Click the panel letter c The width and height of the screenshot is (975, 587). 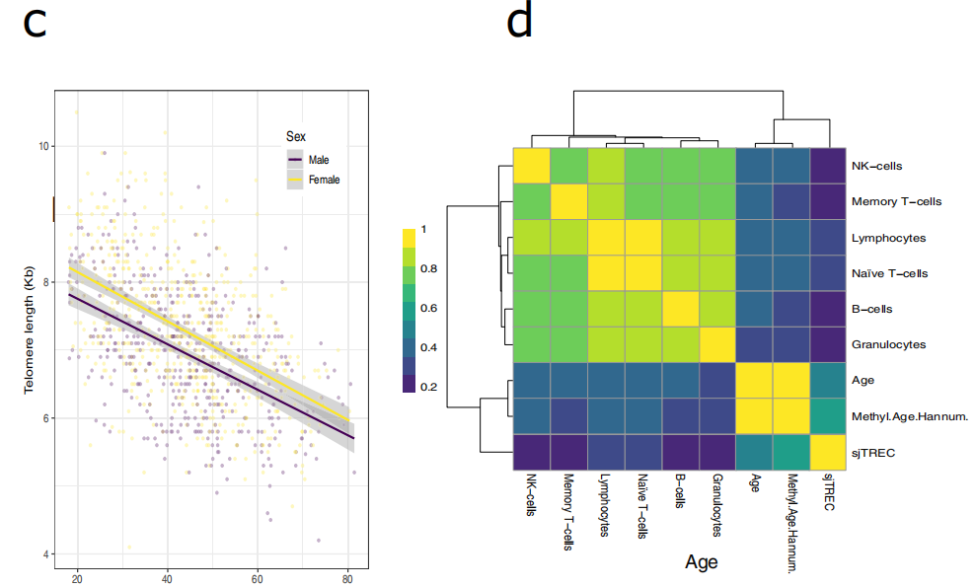[35, 24]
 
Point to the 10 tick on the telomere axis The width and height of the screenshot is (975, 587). [42, 146]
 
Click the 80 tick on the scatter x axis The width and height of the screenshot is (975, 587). [347, 577]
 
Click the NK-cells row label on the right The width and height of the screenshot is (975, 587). [876, 166]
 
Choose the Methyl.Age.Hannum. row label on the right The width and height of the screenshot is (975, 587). [909, 416]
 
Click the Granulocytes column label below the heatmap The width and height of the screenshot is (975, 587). [716, 504]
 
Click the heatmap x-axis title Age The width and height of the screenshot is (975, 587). [701, 562]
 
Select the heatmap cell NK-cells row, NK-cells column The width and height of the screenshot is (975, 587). [531, 166]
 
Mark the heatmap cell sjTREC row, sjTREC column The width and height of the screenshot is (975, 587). [828, 452]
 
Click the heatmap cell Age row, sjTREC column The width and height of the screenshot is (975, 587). [828, 380]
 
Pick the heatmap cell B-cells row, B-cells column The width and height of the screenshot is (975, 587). [680, 309]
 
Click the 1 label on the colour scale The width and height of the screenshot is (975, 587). [425, 229]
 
